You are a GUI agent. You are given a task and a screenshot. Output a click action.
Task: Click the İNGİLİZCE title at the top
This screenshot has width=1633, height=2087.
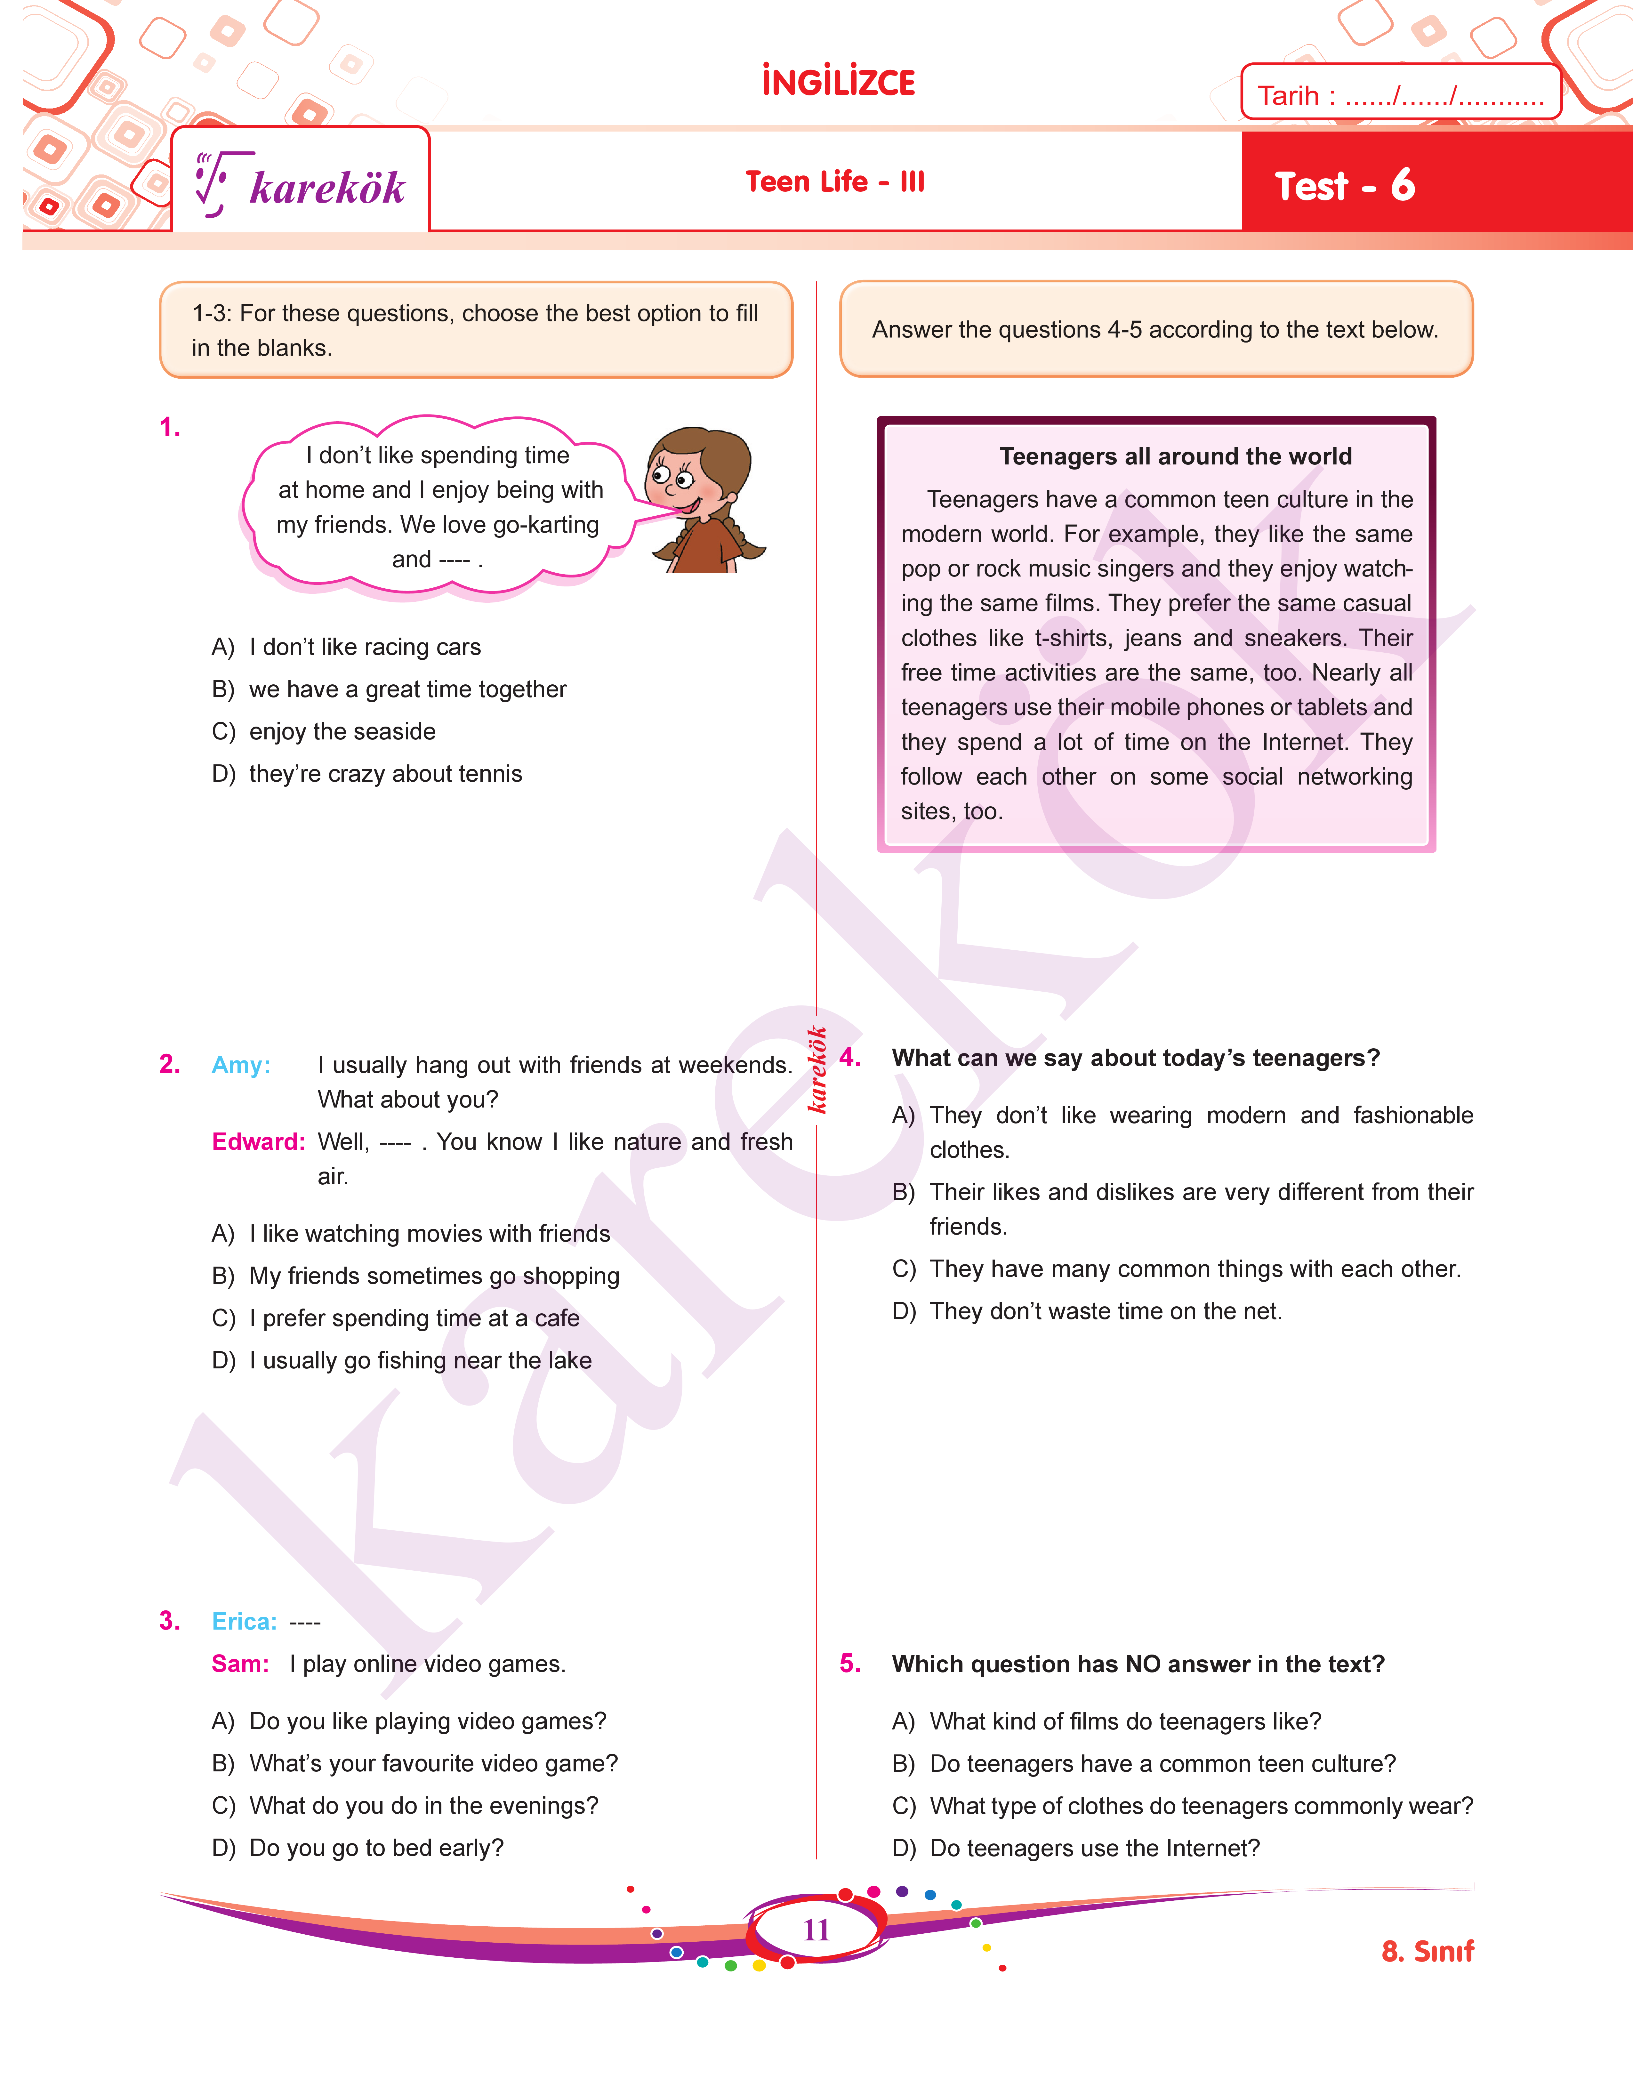tap(838, 82)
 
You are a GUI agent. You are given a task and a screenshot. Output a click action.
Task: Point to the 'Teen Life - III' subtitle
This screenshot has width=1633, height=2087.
tap(835, 181)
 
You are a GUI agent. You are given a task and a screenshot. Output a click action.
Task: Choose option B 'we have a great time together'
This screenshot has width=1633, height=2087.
tap(407, 689)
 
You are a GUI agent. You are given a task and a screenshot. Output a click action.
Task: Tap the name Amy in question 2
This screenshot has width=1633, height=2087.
tap(241, 1065)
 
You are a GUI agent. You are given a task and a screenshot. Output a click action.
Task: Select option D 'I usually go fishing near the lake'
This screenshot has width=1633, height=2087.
tap(420, 1360)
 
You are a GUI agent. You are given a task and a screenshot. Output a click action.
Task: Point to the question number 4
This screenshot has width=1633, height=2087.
tap(850, 1057)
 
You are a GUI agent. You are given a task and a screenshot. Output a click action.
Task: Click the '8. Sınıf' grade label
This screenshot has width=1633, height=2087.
tap(1428, 1951)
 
